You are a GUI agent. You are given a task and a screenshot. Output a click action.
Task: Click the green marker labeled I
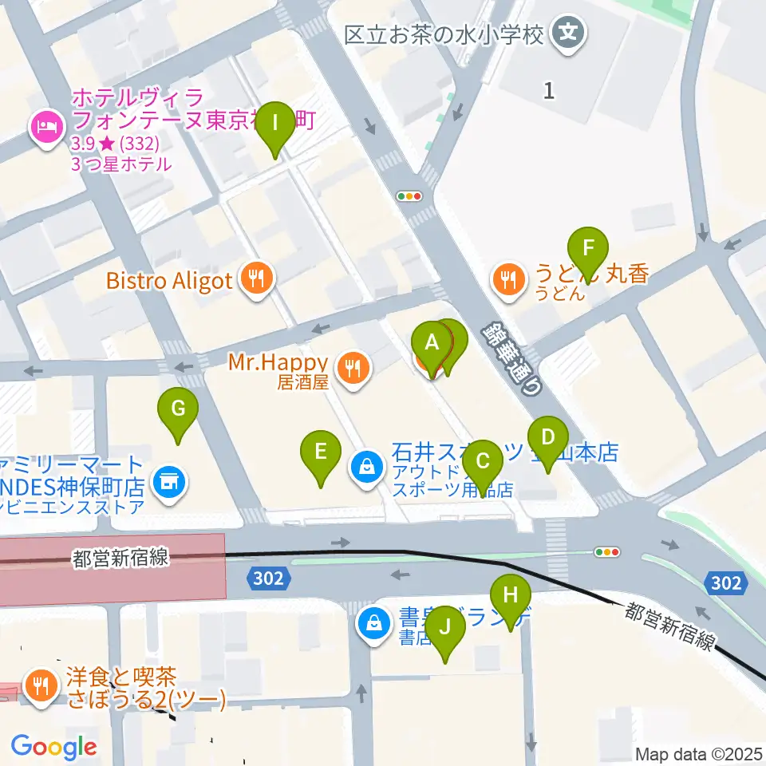click(x=275, y=124)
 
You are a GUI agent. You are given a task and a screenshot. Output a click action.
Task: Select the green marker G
click(x=177, y=409)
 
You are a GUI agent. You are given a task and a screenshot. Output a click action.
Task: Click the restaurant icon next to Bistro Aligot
click(x=255, y=278)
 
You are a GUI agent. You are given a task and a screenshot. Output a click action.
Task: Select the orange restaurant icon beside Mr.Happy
click(x=352, y=369)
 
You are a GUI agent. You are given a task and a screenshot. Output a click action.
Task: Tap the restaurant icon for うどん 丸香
click(x=507, y=278)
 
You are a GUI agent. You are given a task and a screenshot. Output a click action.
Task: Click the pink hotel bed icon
click(x=44, y=127)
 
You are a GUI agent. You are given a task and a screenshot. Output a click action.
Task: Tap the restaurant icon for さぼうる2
click(x=39, y=684)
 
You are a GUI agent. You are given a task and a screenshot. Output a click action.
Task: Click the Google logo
click(x=53, y=748)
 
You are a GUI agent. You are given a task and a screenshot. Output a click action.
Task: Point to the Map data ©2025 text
click(x=699, y=753)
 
